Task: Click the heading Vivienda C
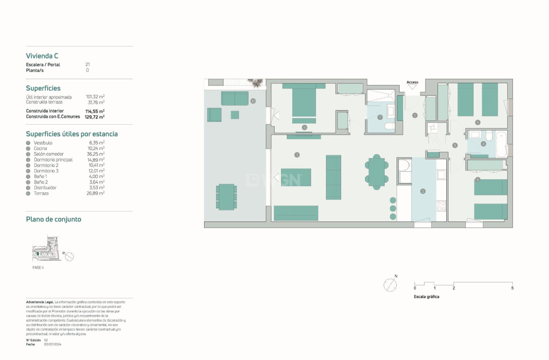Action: [x=42, y=56]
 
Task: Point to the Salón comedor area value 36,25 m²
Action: [x=94, y=154]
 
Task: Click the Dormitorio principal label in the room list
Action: [x=53, y=160]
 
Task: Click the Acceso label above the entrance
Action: [x=412, y=83]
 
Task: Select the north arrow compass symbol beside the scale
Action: [x=390, y=285]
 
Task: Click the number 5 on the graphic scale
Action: [x=512, y=288]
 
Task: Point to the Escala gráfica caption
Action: [x=426, y=297]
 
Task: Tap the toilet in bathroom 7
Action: [x=389, y=126]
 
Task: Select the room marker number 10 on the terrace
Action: [x=253, y=101]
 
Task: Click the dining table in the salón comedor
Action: [x=377, y=171]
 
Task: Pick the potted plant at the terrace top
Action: [x=256, y=83]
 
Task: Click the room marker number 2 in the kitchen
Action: [x=423, y=191]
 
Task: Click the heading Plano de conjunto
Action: [x=53, y=219]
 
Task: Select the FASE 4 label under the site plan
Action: [x=38, y=268]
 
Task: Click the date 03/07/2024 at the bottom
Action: [x=53, y=345]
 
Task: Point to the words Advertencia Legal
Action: [x=39, y=302]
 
